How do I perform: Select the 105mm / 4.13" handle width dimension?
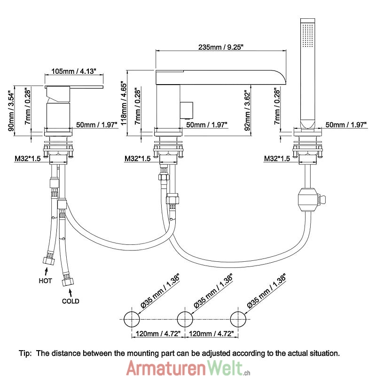73,71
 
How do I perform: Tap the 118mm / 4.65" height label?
124,101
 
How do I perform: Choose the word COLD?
70,301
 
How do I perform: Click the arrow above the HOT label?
46,271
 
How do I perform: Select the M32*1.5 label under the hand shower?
277,159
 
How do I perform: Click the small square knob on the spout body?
188,109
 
